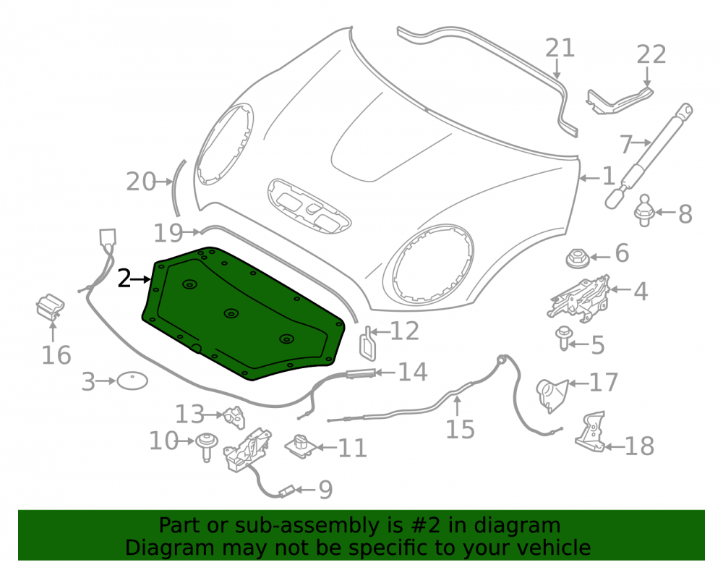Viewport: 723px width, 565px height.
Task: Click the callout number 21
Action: click(x=560, y=48)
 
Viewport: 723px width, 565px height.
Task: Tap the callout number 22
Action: click(x=651, y=54)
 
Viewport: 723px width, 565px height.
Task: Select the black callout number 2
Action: click(x=124, y=279)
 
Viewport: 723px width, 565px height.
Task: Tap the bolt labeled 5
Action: click(x=564, y=338)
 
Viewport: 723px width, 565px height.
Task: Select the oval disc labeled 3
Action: click(x=132, y=381)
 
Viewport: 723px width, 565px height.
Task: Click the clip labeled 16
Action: click(x=51, y=307)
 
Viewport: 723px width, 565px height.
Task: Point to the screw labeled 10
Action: click(x=205, y=446)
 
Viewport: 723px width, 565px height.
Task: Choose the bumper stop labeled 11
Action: click(x=301, y=446)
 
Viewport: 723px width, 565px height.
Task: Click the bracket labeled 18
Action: click(x=590, y=432)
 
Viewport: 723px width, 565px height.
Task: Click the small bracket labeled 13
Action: click(x=235, y=416)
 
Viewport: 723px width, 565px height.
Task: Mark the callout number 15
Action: click(x=460, y=430)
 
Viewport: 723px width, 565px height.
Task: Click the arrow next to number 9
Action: click(x=306, y=489)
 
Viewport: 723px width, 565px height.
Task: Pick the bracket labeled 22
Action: click(x=620, y=101)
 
